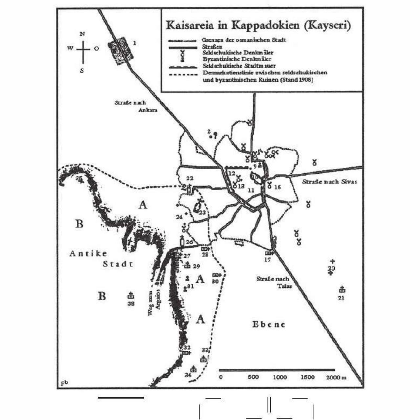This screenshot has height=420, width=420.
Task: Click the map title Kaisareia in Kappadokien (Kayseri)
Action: point(258,25)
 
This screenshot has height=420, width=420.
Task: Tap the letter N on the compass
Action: point(83,34)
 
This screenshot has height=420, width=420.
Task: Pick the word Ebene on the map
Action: point(268,325)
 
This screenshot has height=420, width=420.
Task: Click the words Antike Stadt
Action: point(102,258)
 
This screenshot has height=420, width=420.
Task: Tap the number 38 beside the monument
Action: point(131,304)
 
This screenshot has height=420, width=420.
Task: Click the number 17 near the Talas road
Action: point(267,260)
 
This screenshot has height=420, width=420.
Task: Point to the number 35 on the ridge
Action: point(79,178)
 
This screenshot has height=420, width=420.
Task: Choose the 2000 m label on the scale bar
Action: point(336,377)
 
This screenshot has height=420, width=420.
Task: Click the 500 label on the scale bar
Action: point(253,377)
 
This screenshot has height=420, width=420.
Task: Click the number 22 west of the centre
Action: point(190,178)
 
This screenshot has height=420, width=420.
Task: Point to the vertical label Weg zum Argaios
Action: point(154,302)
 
